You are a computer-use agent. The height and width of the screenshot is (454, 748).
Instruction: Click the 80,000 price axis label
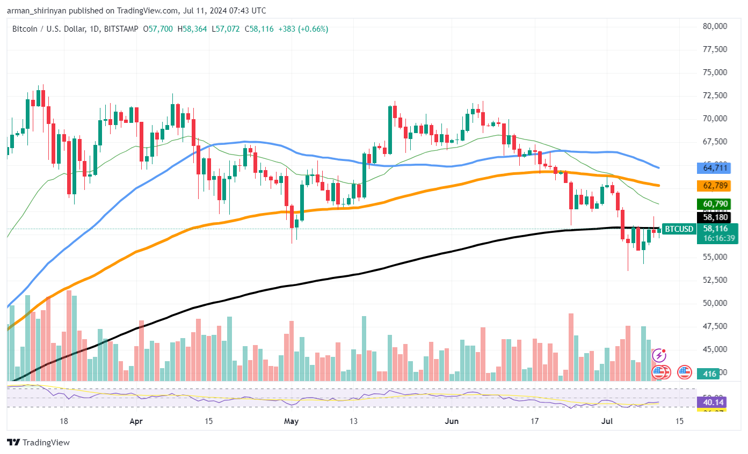714,26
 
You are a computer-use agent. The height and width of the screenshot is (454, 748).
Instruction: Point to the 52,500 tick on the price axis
714,280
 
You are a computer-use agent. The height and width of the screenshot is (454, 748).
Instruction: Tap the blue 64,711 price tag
714,168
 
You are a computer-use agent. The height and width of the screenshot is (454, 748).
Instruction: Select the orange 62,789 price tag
714,186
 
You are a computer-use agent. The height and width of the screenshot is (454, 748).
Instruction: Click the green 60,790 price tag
714,204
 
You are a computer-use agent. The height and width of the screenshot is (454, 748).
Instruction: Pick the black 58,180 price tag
714,217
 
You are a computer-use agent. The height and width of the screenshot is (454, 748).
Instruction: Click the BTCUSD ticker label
679,229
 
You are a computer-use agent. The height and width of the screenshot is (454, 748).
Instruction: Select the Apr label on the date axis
136,421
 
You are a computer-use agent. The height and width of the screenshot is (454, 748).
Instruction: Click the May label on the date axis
291,421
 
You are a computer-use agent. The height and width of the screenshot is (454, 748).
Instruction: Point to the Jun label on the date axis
452,421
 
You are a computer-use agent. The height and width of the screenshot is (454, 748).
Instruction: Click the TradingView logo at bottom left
38,443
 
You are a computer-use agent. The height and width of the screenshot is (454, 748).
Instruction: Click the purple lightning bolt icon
659,355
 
